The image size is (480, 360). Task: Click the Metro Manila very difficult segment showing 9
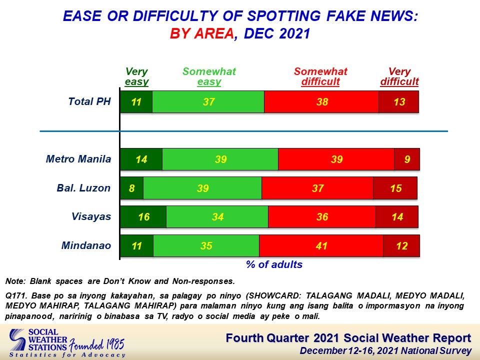click(407, 159)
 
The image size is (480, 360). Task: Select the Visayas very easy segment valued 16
click(143, 216)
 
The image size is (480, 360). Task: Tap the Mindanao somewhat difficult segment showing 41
click(321, 245)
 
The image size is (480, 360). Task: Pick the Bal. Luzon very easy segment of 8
click(131, 188)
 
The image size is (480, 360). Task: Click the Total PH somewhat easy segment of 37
click(208, 101)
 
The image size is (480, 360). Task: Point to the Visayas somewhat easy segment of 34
click(217, 216)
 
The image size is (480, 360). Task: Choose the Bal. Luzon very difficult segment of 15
click(395, 188)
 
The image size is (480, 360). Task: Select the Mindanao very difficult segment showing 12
click(401, 245)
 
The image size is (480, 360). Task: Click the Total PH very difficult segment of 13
click(398, 101)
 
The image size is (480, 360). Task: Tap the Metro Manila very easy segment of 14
click(141, 159)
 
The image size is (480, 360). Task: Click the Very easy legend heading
click(136, 76)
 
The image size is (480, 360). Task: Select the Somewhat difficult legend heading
click(320, 76)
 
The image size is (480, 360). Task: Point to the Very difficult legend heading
click(399, 76)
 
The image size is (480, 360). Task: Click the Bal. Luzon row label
click(83, 187)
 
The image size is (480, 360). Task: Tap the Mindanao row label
click(86, 245)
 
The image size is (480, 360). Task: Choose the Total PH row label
click(89, 101)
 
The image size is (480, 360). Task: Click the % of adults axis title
click(274, 264)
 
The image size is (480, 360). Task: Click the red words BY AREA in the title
click(202, 33)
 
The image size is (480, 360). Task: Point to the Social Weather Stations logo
click(67, 343)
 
